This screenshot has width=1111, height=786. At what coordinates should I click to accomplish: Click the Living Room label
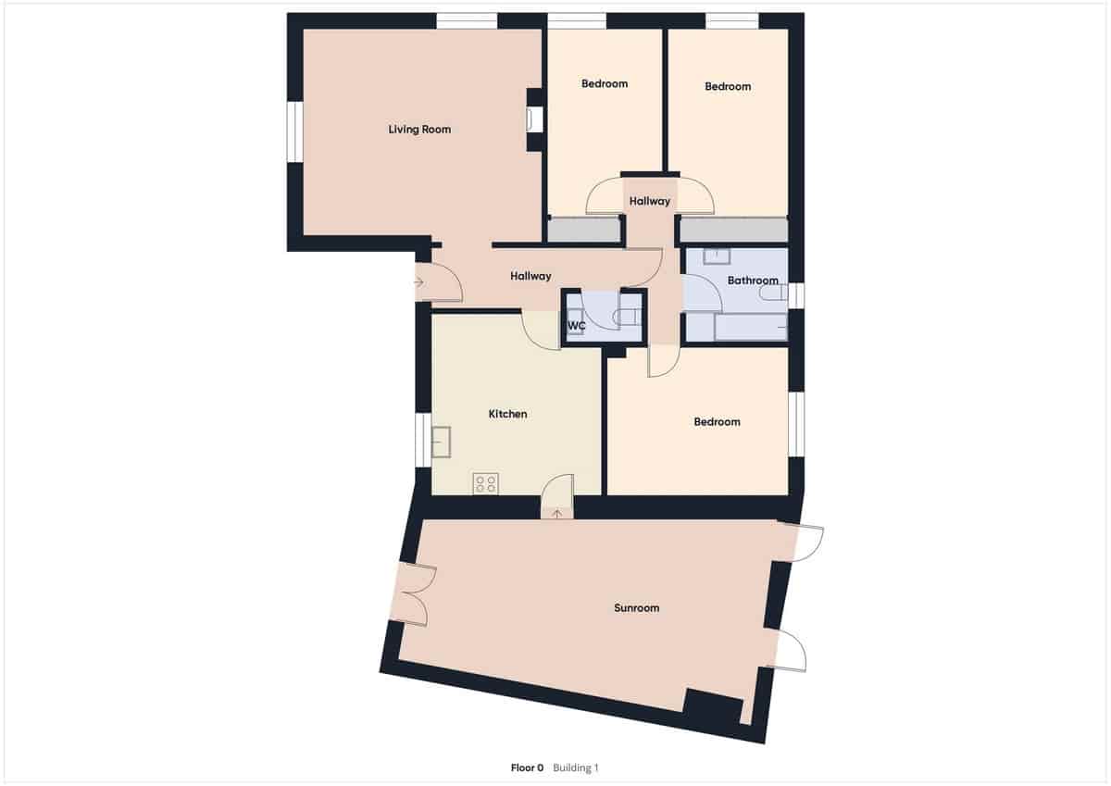(419, 130)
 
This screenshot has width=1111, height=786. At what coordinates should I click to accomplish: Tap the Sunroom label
(637, 608)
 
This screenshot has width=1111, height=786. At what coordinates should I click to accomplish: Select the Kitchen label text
(507, 414)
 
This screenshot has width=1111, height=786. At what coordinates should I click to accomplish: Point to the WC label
(576, 326)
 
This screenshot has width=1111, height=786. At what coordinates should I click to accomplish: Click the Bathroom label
(752, 280)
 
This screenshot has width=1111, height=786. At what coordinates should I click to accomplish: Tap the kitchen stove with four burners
(486, 482)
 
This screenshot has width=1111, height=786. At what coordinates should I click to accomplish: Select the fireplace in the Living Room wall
(534, 119)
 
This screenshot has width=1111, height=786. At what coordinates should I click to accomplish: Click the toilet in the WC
(630, 316)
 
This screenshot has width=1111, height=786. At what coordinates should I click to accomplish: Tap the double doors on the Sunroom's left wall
(410, 593)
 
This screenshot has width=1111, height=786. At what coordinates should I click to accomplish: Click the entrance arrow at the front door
(418, 281)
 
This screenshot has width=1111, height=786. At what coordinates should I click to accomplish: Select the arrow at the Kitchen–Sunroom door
(556, 511)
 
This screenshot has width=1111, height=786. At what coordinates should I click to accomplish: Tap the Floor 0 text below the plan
(528, 767)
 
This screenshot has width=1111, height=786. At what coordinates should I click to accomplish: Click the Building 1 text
(576, 767)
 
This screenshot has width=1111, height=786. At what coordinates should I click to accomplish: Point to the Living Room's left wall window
(295, 131)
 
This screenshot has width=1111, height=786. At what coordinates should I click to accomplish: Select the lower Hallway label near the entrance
(531, 276)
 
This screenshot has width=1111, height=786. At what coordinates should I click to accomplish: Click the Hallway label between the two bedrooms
(649, 201)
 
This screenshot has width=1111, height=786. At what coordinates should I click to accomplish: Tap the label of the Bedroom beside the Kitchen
(717, 422)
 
